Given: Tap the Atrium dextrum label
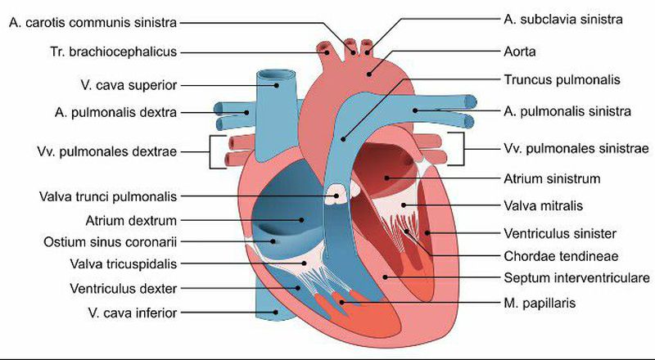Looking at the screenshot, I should click(x=131, y=219).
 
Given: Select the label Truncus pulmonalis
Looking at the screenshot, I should click(x=549, y=80).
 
